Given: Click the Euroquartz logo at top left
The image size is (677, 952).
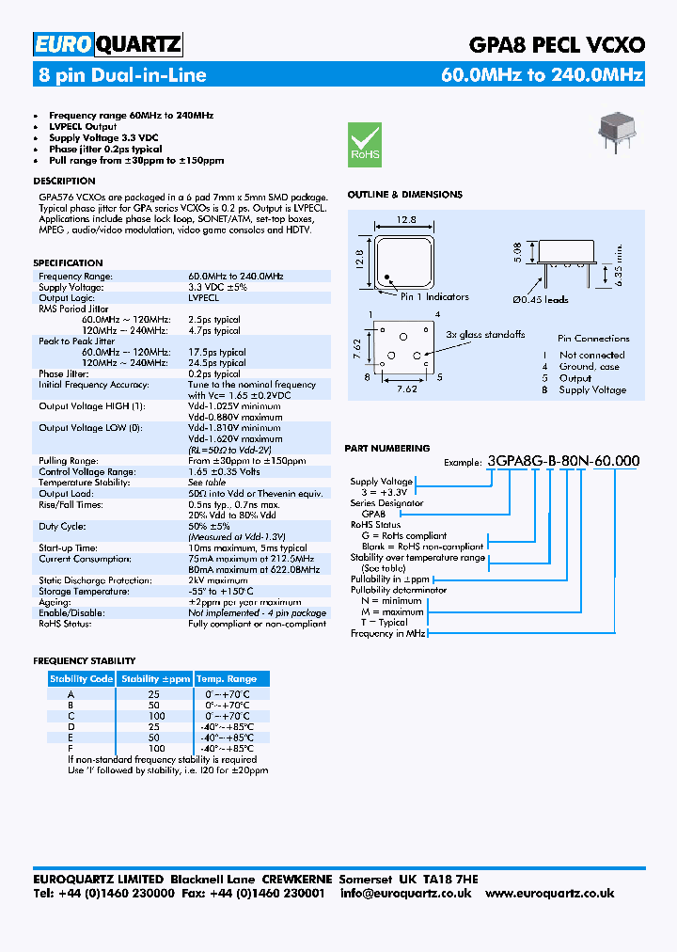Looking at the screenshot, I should click(x=108, y=44).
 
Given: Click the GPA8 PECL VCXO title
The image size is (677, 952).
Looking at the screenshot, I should click(x=557, y=44).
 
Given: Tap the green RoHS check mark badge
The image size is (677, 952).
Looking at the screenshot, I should click(x=365, y=144).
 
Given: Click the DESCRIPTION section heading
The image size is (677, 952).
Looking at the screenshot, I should click(x=64, y=181).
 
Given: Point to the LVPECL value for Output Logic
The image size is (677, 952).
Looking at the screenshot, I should click(x=203, y=297).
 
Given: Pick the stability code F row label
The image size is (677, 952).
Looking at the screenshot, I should click(x=71, y=748).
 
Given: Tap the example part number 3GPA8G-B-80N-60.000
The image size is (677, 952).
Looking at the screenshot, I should click(x=563, y=461).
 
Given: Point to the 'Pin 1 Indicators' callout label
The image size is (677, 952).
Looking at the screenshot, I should click(x=434, y=297).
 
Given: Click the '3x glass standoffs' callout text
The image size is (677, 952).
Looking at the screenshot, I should click(x=485, y=334).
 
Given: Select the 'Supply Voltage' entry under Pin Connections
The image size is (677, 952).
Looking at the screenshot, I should click(x=592, y=389).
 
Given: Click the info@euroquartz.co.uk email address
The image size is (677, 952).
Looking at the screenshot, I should click(x=406, y=894).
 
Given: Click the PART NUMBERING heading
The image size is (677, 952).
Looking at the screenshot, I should click(x=388, y=449).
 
